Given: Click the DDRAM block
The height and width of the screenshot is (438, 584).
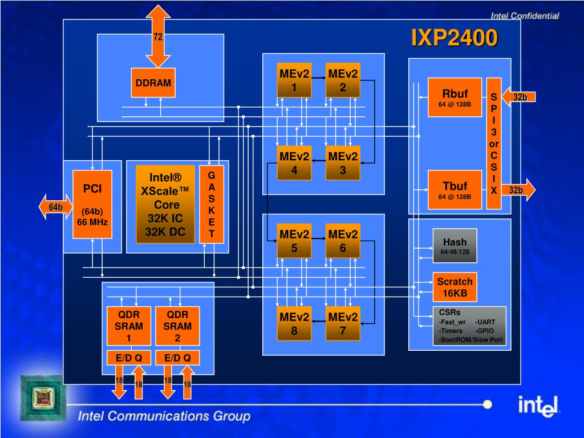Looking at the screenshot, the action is pos(153,83).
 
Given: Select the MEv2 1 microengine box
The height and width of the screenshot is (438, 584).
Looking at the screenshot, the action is pos(294,80).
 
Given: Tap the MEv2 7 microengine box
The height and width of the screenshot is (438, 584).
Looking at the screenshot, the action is pos(343,324).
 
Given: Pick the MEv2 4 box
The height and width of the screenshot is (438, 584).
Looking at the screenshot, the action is pos(294,163).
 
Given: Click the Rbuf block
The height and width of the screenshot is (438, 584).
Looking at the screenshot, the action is pos(455,97).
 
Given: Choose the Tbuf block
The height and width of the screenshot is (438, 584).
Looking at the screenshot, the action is pos(455,189).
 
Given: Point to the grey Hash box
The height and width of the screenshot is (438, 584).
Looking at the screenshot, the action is pos(455,246).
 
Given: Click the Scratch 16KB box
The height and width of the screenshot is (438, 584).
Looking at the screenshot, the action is pos(455,287).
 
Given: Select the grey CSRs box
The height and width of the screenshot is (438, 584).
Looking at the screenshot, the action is pos(469,326).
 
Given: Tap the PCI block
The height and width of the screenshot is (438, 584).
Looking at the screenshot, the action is pos(92,204).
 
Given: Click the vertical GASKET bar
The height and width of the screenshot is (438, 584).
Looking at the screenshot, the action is pos(212,204).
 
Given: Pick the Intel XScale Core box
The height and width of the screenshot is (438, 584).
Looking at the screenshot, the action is pos(165,204).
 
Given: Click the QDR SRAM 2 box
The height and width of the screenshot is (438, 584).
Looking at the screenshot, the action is pos(177,326).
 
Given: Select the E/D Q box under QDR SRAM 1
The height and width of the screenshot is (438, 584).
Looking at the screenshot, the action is pos(129,358).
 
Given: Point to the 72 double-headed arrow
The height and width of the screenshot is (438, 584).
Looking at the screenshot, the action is pos(158,36).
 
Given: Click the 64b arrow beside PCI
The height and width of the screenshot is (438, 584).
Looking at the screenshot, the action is pos(56,206).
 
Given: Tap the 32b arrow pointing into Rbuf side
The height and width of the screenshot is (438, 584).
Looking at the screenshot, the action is pos(518,97).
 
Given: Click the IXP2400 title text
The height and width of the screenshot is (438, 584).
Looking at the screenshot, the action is pos(455,38).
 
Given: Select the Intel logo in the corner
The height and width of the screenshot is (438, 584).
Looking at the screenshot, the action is pos(538,406).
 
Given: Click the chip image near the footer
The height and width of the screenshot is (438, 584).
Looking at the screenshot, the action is pos(43,398).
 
